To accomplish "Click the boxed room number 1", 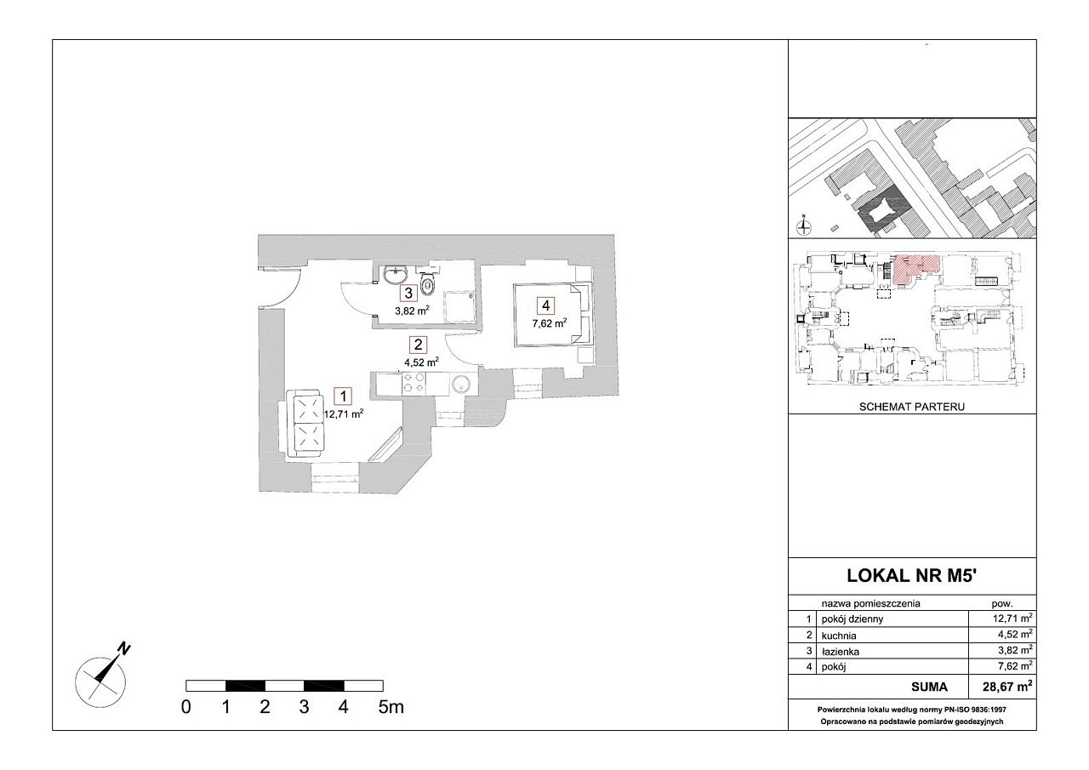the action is [344, 396].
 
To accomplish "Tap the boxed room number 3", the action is [408, 294].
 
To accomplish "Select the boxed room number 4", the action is [546, 305].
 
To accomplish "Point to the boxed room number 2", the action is [418, 345].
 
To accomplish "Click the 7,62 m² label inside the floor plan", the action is [550, 322].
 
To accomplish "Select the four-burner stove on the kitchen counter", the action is [413, 383].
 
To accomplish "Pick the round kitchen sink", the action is [460, 384].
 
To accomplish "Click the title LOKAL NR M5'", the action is [912, 575].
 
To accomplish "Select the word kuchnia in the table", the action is [839, 636].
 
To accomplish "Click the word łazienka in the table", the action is [841, 652].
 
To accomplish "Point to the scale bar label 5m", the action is [391, 707].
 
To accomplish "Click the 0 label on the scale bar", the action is [185, 707].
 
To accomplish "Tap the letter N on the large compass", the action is [125, 649].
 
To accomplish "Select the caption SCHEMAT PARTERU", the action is [912, 407].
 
